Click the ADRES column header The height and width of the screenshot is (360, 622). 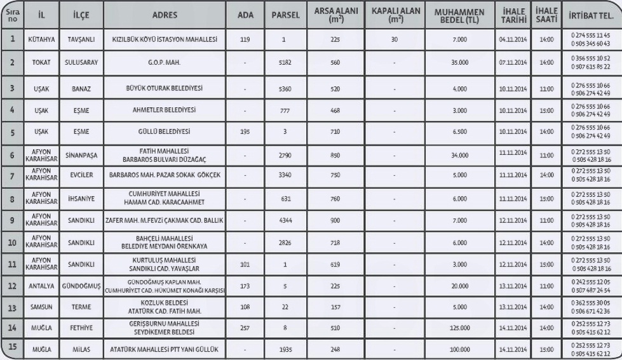tap(165, 14)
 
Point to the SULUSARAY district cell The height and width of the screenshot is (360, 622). tap(80, 63)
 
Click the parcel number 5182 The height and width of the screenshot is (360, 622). tap(285, 63)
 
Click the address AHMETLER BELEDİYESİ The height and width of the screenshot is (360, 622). tap(165, 110)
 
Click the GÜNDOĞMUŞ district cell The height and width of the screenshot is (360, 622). tap(80, 286)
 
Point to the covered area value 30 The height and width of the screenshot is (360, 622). tap(395, 39)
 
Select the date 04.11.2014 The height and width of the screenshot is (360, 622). tap(513, 39)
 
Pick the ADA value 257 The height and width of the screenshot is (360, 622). tap(245, 328)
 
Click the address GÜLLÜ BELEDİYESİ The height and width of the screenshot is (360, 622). tap(165, 131)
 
